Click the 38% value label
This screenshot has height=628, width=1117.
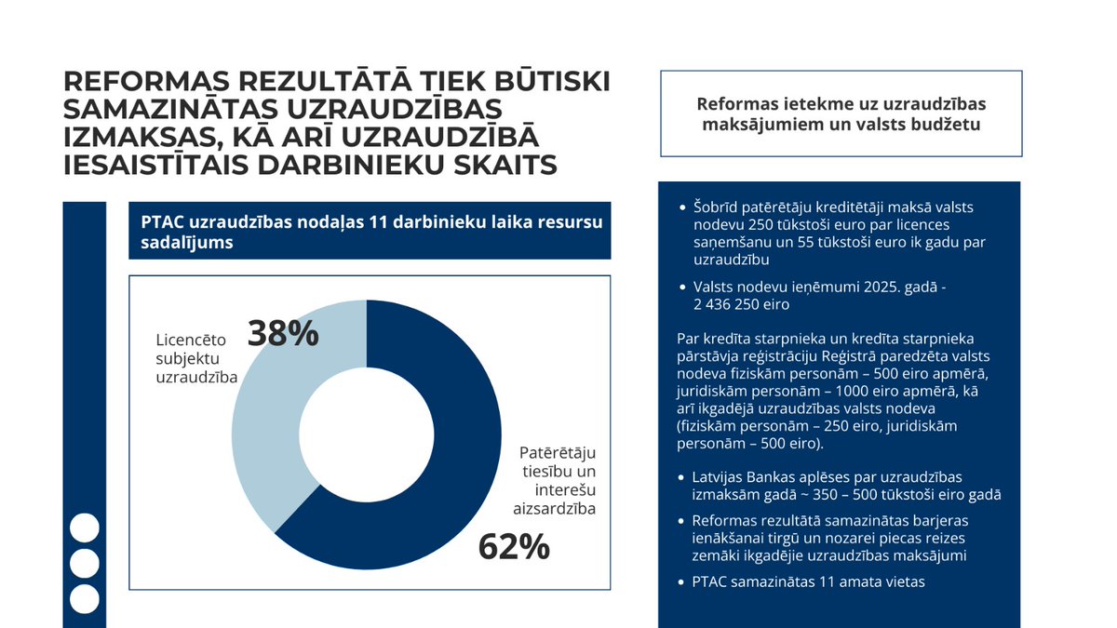(282, 333)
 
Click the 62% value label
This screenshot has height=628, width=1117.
(514, 546)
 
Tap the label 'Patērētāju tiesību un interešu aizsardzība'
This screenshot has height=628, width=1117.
(557, 480)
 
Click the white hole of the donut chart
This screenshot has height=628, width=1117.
(367, 435)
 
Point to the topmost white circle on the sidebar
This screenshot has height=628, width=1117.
(85, 528)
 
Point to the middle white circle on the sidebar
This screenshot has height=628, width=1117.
(85, 563)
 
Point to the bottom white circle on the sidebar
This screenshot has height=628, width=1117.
(85, 599)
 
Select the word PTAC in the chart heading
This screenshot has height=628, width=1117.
(160, 222)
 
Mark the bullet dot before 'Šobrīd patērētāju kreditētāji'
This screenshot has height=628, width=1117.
(684, 207)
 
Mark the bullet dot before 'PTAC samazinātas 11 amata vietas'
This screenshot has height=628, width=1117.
(684, 582)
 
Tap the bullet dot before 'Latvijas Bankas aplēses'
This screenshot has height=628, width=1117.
(684, 477)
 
